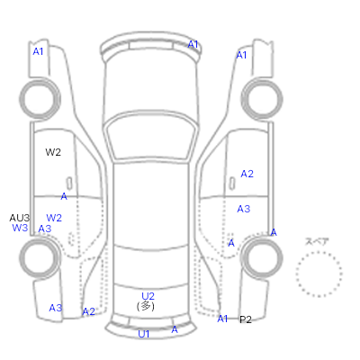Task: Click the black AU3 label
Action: tap(20, 218)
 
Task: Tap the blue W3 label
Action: tap(20, 228)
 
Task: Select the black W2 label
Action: tap(53, 152)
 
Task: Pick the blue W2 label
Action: tap(54, 218)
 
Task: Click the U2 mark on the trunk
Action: tap(148, 296)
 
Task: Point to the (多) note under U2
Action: tap(146, 306)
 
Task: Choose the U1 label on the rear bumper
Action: tap(144, 334)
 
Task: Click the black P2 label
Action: tap(246, 319)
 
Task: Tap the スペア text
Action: tap(317, 241)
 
